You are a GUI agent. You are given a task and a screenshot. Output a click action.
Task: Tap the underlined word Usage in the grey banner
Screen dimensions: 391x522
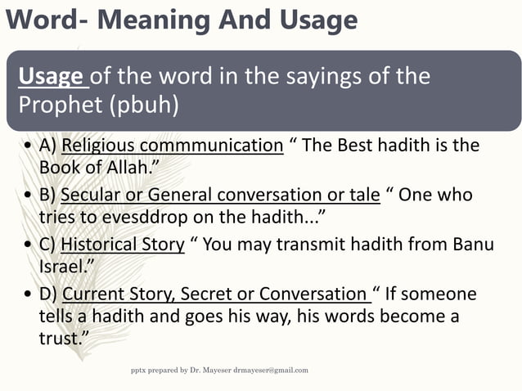(51, 77)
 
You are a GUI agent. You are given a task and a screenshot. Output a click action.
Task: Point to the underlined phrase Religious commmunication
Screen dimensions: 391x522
(172, 146)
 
